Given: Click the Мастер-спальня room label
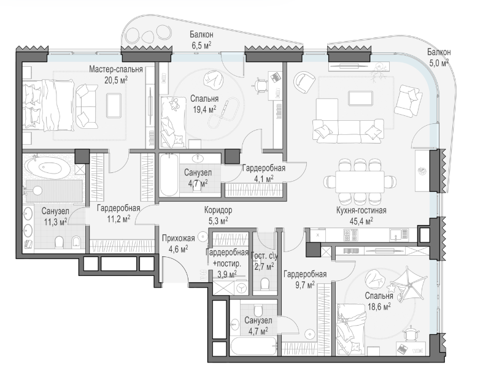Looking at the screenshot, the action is point(116,69).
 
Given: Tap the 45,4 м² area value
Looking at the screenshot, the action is point(361,220).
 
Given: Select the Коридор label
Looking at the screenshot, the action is point(218,210).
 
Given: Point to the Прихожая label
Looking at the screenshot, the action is point(179,238).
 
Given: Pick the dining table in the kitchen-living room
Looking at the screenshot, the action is point(360,182).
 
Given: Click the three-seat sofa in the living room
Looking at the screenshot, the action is point(348,131).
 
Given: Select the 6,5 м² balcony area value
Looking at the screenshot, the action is point(201,45).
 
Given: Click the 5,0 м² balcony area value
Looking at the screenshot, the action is point(439,63).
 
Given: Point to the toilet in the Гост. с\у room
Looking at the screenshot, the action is point(265,283).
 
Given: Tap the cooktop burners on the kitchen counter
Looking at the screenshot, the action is point(350,236).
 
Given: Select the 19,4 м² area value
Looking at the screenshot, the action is point(204,109).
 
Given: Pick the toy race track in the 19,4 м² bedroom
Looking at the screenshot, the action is point(223,112).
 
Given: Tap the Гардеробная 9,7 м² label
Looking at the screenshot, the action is point(305,279).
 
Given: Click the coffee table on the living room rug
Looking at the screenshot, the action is point(360,98).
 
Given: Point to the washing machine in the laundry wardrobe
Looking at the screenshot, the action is point(241,288).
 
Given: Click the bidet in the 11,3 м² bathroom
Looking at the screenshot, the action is point(75,242).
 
